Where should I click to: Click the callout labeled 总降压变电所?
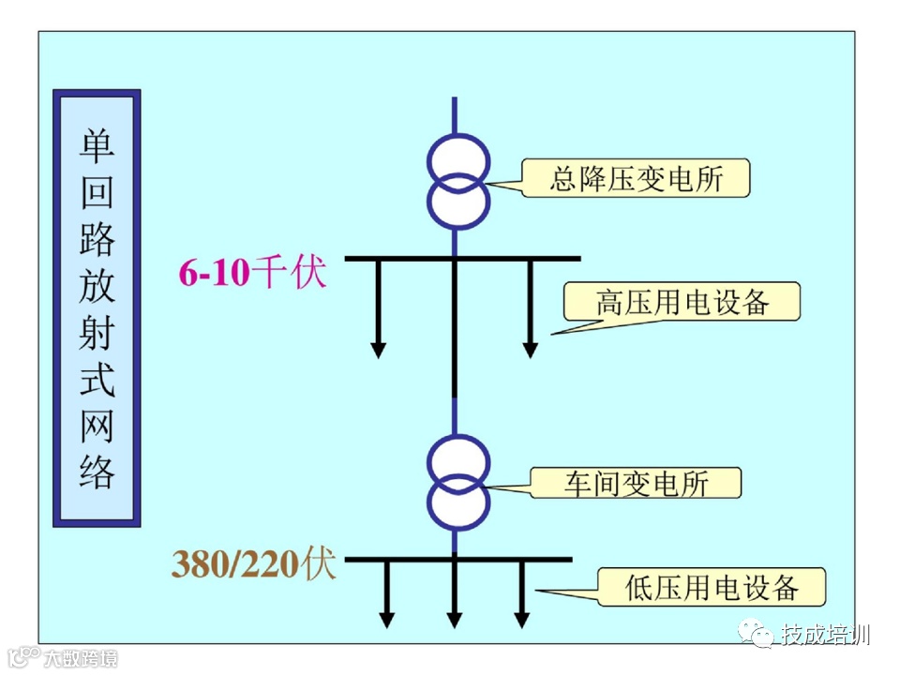[x=636, y=178]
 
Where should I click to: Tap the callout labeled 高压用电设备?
[x=682, y=302]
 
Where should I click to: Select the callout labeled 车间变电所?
[x=636, y=483]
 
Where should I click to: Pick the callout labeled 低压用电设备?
[x=712, y=587]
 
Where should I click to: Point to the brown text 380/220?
[x=235, y=564]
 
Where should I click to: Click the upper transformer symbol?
[x=457, y=178]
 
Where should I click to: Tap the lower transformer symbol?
[x=457, y=482]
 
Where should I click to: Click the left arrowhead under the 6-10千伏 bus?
[x=378, y=350]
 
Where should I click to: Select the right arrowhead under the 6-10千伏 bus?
[x=530, y=350]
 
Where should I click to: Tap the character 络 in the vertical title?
[x=97, y=472]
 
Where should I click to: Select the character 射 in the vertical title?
[x=97, y=333]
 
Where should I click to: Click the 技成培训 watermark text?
[x=826, y=635]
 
